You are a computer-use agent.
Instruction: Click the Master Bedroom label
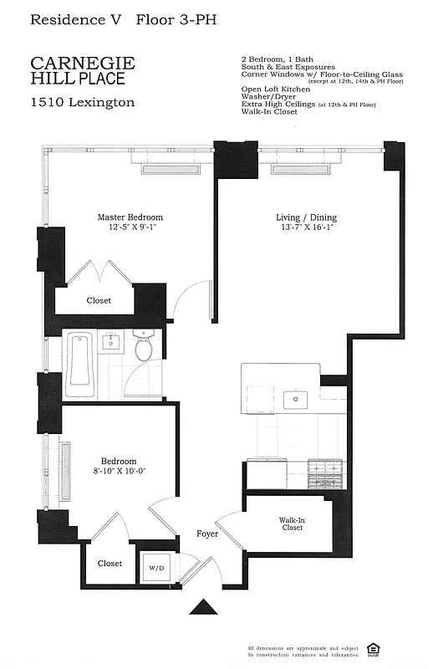(130, 217)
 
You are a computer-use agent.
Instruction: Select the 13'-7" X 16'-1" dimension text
(305, 227)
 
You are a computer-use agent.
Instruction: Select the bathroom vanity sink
(111, 341)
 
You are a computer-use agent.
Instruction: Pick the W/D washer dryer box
(157, 569)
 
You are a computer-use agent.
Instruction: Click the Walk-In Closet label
(292, 523)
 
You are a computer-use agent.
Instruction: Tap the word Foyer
(207, 534)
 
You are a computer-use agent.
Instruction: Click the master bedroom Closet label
(99, 300)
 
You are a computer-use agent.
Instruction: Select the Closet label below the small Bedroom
(110, 564)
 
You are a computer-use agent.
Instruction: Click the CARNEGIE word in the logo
(82, 64)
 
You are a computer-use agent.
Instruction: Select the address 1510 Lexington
(82, 103)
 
